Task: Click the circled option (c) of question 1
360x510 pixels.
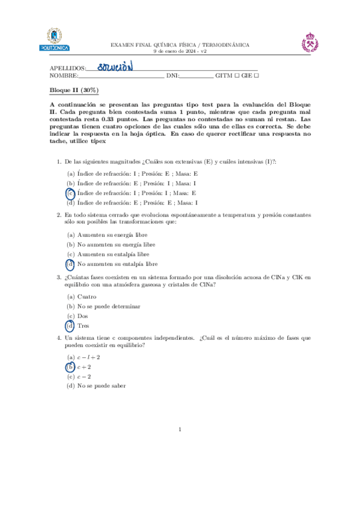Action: [70, 193]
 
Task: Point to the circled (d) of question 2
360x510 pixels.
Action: [70, 263]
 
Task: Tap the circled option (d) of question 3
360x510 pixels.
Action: [70, 325]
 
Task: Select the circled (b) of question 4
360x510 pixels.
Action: [70, 366]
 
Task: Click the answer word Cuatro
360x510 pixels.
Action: [87, 296]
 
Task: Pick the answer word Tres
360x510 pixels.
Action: [84, 325]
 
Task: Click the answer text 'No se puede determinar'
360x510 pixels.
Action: [109, 306]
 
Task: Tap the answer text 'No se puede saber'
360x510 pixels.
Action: [102, 386]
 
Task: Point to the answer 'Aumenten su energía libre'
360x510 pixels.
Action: [112, 235]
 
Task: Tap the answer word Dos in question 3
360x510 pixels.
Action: [83, 316]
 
